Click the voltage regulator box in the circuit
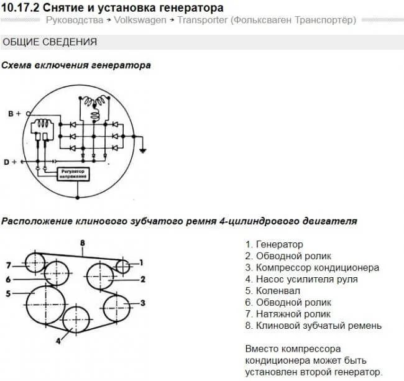pyautogui.click(x=73, y=174)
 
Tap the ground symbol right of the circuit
pyautogui.click(x=143, y=151)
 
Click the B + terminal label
pyautogui.click(x=14, y=114)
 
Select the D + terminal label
pyautogui.click(x=11, y=162)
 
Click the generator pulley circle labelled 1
pyautogui.click(x=123, y=266)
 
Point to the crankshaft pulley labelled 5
pyautogui.click(x=45, y=305)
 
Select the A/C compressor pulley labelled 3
pyautogui.click(x=116, y=308)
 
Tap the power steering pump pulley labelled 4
pyautogui.click(x=76, y=319)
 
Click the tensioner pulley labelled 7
pyautogui.click(x=35, y=263)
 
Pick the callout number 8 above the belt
pyautogui.click(x=83, y=242)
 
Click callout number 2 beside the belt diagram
pyautogui.click(x=143, y=279)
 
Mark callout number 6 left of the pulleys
pyautogui.click(x=8, y=279)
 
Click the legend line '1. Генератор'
pyautogui.click(x=274, y=244)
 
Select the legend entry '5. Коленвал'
pyautogui.click(x=273, y=291)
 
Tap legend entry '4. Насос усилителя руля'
pyautogui.click(x=301, y=279)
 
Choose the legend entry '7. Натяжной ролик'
pyautogui.click(x=288, y=314)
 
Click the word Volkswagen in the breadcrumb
pyautogui.click(x=140, y=20)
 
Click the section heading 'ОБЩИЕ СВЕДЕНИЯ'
pyautogui.click(x=50, y=42)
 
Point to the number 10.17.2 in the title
pyautogui.click(x=21, y=8)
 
